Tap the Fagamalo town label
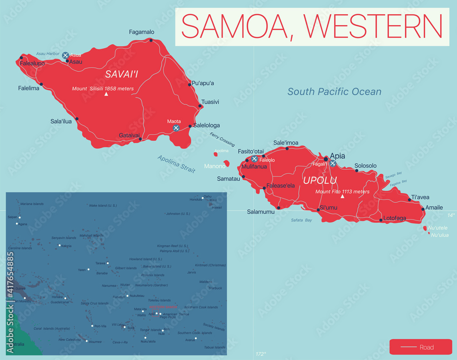(141, 32)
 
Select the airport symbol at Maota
(176, 129)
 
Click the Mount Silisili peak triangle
(106, 94)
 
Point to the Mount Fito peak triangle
(342, 197)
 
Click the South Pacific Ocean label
(334, 92)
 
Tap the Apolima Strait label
(176, 164)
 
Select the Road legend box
(420, 347)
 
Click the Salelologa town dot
(190, 126)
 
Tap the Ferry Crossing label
(222, 139)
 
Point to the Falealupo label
(32, 64)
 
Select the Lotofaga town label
(394, 218)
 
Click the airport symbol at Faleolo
(254, 159)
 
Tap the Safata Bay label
(302, 220)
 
